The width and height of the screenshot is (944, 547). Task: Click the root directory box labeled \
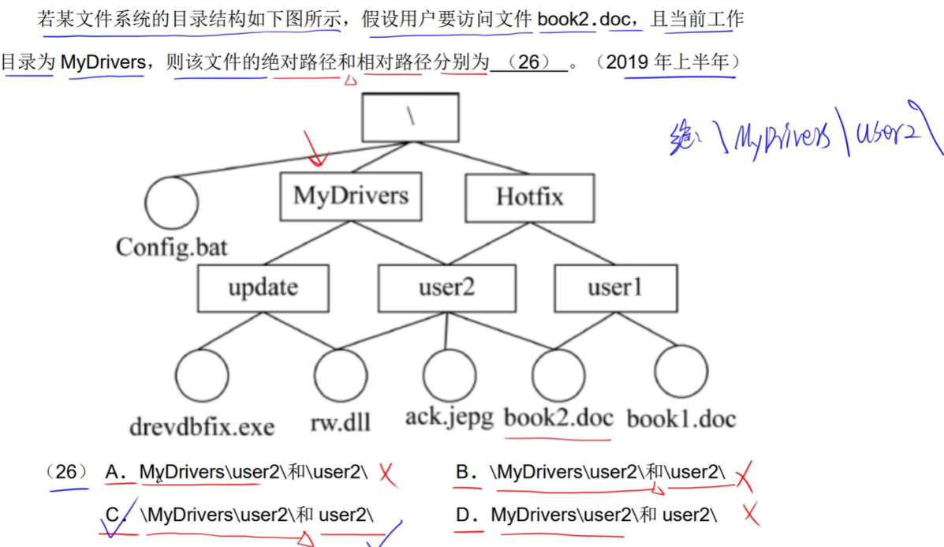[x=410, y=117]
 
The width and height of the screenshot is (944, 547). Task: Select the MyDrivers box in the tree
[x=351, y=196]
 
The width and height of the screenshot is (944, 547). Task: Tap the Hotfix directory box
[x=529, y=196]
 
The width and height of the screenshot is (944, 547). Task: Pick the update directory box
[x=263, y=288]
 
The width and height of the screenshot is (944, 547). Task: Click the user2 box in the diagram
[x=446, y=288]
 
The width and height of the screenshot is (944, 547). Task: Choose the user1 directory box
[x=615, y=288]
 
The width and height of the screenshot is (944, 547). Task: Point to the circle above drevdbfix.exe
[x=201, y=376]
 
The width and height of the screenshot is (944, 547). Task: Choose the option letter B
[x=464, y=472]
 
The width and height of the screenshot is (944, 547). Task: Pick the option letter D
[x=465, y=515]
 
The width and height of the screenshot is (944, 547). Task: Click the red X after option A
[x=386, y=474]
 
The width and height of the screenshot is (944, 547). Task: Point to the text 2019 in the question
[x=629, y=62]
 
